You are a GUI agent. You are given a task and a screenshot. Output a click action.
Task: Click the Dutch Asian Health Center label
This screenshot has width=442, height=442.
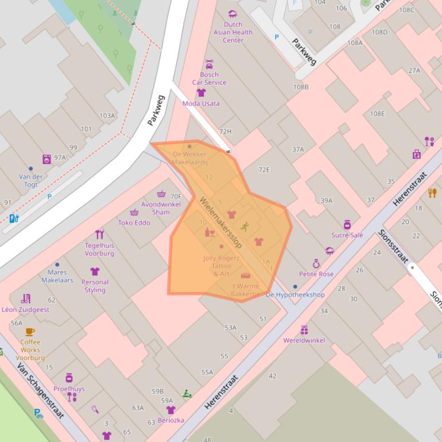(233, 33)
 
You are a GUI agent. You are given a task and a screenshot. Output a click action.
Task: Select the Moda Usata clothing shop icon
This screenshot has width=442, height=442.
(201, 92)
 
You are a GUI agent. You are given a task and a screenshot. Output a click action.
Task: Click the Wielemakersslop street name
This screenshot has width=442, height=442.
(221, 223)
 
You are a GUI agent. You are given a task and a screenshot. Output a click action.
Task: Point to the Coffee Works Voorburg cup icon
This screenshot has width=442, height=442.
(30, 331)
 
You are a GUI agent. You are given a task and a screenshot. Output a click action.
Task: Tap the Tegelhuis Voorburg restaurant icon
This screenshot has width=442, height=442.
(99, 234)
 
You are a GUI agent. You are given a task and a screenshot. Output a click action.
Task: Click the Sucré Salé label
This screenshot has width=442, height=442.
(347, 235)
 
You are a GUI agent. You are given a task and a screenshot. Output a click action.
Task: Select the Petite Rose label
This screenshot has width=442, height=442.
(316, 274)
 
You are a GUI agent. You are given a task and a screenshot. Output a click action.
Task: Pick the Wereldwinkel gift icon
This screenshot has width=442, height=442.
(304, 329)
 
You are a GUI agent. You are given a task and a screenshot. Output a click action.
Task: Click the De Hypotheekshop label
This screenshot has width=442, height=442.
(295, 294)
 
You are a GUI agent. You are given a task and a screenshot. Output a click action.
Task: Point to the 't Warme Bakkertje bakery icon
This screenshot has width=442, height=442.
(245, 276)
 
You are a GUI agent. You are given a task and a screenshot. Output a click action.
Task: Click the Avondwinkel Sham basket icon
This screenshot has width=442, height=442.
(162, 194)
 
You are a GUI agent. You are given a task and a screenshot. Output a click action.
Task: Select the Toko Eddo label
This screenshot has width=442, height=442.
(134, 223)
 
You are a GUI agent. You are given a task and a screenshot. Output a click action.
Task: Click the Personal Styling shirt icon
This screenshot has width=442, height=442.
(95, 272)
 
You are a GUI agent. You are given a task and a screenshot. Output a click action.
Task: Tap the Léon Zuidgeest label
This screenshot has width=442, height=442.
(26, 309)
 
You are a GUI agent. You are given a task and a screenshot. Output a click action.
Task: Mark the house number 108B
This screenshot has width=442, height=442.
(301, 87)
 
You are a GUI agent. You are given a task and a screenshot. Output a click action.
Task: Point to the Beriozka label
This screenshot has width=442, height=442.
(171, 420)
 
